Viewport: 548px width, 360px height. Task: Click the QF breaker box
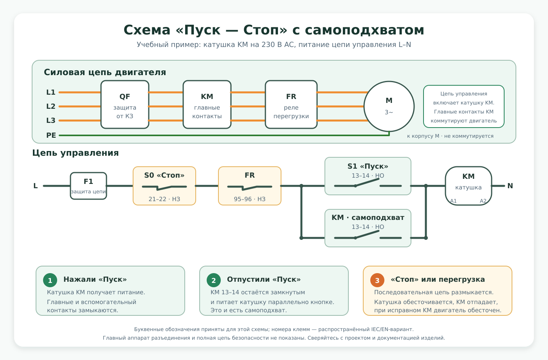[x=125, y=104]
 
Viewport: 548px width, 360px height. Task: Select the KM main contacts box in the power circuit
[x=207, y=104]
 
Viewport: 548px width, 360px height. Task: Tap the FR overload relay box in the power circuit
[x=291, y=104]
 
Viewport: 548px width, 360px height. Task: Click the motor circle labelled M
[x=389, y=106]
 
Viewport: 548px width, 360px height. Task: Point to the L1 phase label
[x=51, y=92]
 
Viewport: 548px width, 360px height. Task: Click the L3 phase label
[x=51, y=121]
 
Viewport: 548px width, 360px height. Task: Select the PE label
[x=51, y=135]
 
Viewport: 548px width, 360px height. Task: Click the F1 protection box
[x=88, y=186]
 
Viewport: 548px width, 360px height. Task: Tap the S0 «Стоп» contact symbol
[x=164, y=187]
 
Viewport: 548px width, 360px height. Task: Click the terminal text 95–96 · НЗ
[x=250, y=199]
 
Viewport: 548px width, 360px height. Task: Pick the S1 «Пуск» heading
[x=368, y=166]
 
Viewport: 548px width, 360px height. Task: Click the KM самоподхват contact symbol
[x=368, y=235]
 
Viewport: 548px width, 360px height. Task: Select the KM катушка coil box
[x=469, y=186]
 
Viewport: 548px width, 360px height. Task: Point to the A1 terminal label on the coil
[x=453, y=201]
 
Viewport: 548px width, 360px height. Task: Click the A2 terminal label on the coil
[x=483, y=201]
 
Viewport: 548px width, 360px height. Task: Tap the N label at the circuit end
[x=510, y=186]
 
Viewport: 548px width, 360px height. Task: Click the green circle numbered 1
[x=50, y=280]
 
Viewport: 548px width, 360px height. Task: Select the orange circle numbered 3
[x=377, y=280]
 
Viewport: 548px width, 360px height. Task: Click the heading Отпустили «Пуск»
[x=264, y=279]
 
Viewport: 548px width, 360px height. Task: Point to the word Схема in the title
[x=147, y=30]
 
